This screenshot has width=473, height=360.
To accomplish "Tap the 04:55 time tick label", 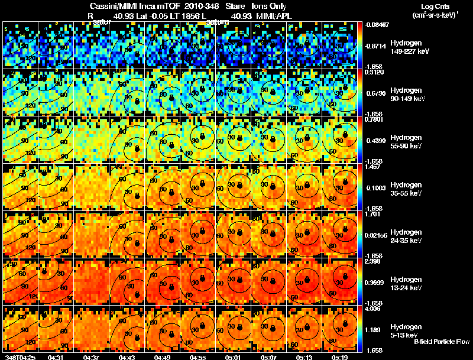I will click(x=199, y=356).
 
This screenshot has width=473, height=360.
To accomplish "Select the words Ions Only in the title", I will click(x=270, y=6).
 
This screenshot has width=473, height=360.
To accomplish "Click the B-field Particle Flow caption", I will click(x=442, y=342).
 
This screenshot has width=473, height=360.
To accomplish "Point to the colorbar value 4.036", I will click(x=374, y=308).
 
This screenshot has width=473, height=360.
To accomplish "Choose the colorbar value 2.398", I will click(x=374, y=261).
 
